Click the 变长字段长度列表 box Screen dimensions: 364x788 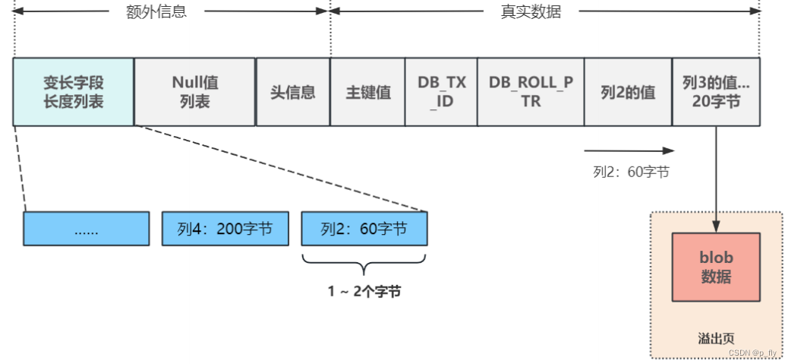coord(74,92)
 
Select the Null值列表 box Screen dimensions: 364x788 coord(195,92)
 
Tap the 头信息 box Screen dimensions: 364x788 coord(293,92)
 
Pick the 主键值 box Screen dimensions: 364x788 coord(367,92)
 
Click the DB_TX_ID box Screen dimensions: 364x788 coord(441,92)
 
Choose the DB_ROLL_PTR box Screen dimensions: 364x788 coord(531,92)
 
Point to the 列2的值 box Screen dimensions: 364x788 coord(628,92)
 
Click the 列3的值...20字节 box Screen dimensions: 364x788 coord(716,92)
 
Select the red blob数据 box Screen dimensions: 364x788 coord(716,267)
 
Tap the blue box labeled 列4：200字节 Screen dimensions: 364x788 coord(225,229)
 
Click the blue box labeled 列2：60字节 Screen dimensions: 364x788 coord(364,229)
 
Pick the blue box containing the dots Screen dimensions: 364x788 coord(86,229)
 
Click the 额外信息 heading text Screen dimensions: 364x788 coord(156,12)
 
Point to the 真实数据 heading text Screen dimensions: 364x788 coord(531,12)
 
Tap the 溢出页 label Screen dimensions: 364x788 coord(716,338)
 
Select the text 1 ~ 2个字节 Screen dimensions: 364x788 coord(364,292)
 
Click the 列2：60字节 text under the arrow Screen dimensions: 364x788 coord(631,172)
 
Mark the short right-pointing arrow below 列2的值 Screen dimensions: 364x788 coord(629,150)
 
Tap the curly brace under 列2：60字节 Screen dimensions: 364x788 coord(364,265)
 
